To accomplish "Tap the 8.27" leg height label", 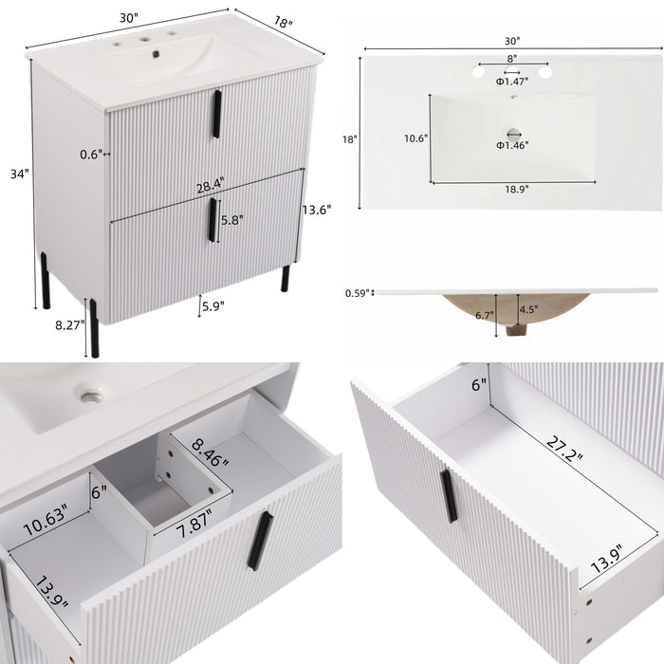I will tap(70, 323).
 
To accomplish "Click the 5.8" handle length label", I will tap(231, 219).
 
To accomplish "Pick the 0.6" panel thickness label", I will tap(90, 153).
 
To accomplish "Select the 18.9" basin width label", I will tap(515, 189).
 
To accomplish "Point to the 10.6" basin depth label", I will tap(415, 138).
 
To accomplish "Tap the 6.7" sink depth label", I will tap(481, 314).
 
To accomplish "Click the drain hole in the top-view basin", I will tap(513, 131).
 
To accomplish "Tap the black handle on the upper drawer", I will tap(216, 114).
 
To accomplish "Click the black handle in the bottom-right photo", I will tap(448, 496).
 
